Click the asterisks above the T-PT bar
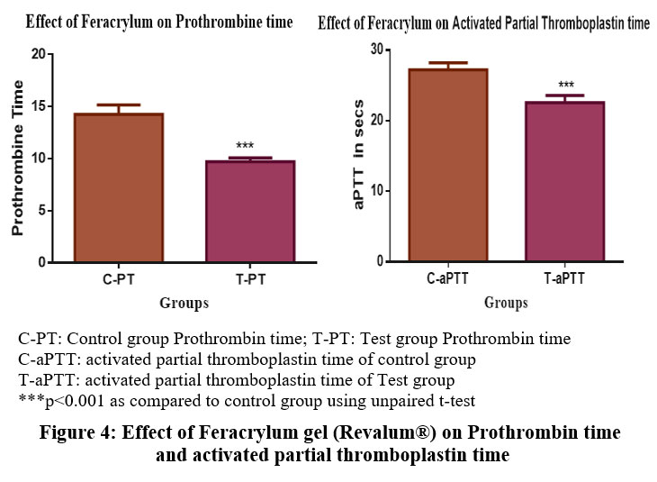click(245, 146)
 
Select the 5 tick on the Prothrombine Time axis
click(42, 211)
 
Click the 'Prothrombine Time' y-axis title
click(17, 159)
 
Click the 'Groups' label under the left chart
click(184, 303)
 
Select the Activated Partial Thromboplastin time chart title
click(484, 24)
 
